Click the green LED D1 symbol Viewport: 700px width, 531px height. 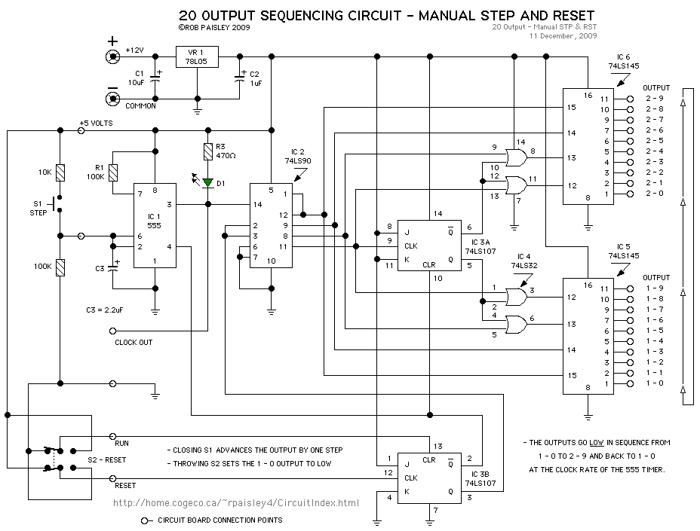[207, 182]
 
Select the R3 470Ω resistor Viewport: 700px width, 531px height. [207, 151]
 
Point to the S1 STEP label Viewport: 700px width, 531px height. [38, 208]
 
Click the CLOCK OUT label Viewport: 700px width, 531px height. [134, 343]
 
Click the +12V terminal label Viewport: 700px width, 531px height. [134, 50]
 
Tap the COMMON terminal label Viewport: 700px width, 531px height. [140, 106]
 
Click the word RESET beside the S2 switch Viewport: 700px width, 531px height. [126, 486]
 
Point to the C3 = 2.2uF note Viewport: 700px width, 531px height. [110, 310]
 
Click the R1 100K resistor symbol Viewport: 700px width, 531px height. [113, 172]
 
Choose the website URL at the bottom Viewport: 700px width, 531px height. [235, 502]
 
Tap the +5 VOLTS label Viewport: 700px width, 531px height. [96, 123]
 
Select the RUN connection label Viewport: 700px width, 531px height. [121, 444]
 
